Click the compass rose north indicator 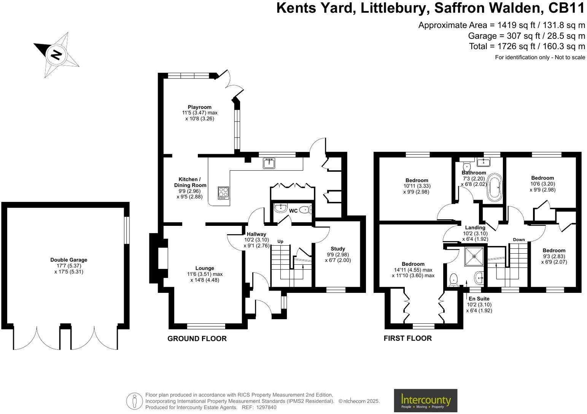pos(56,55)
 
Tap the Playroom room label pos(199,107)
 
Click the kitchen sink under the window pos(269,163)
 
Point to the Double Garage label pos(68,260)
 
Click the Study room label pos(337,249)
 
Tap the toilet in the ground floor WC pos(305,209)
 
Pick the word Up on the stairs pos(280,241)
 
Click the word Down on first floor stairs pos(519,240)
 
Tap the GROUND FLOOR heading pos(197,339)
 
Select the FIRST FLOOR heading pos(407,338)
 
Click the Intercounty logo pos(425,401)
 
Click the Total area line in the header pos(527,46)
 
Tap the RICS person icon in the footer pos(134,401)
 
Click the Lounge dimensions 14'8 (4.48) pos(205,280)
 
